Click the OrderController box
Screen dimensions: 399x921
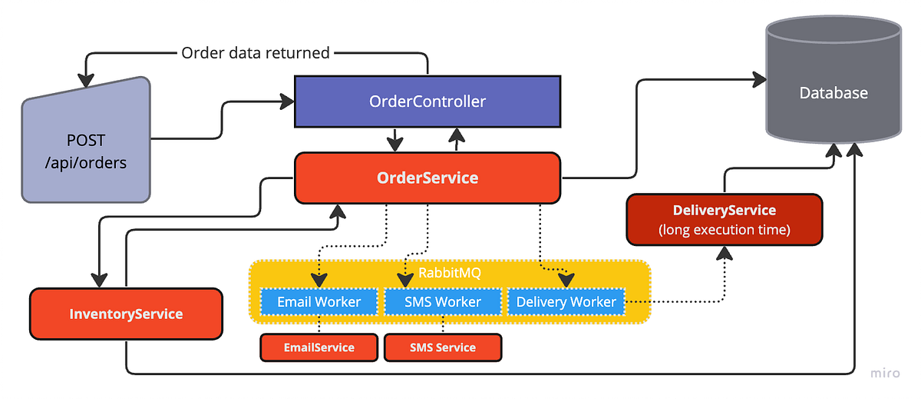point(427,101)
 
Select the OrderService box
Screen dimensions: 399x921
point(427,178)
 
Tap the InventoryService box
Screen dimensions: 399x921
point(126,314)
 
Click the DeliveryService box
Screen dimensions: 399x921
point(724,219)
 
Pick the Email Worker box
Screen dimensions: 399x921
point(319,301)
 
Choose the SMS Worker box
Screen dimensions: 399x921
point(442,301)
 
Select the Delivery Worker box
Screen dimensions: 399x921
point(566,301)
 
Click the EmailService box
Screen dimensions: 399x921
point(319,347)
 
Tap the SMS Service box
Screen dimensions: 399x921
point(442,347)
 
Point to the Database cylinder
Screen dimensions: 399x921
point(834,93)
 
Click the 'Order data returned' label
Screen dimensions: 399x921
point(255,53)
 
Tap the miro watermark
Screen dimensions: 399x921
point(885,374)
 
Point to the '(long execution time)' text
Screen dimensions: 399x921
point(724,229)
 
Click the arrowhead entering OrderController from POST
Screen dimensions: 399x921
point(288,100)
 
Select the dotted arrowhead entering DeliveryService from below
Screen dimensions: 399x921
point(724,253)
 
